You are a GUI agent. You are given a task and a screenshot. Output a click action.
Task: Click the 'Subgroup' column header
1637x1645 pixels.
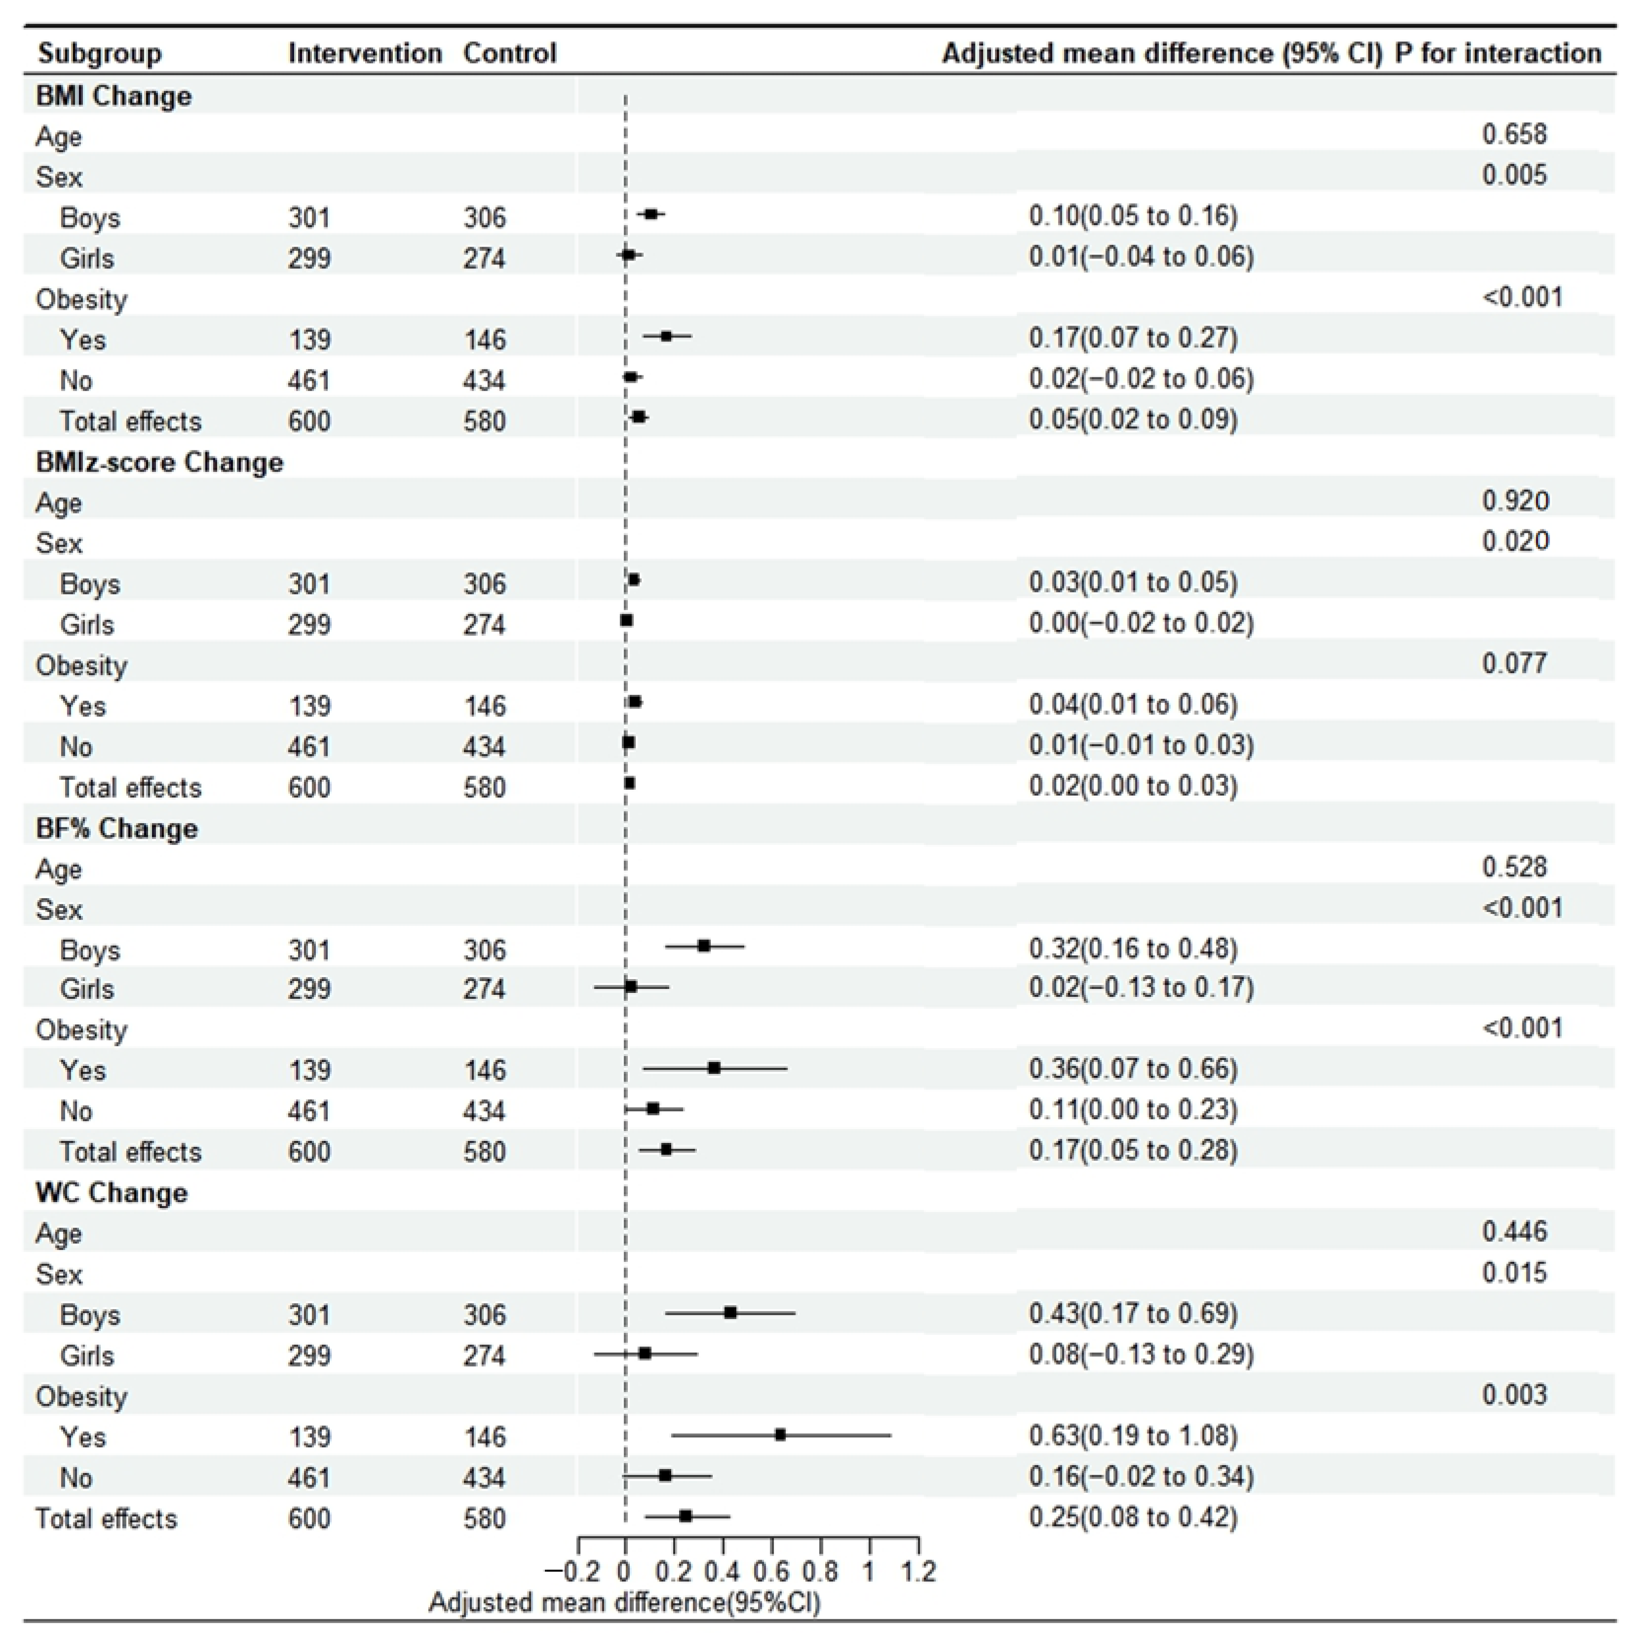pos(100,54)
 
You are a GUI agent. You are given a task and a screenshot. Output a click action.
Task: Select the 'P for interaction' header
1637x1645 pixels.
pos(1497,54)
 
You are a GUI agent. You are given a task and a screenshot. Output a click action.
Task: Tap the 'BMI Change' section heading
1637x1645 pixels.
pos(114,96)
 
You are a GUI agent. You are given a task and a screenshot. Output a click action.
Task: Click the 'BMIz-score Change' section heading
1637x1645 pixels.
pos(159,462)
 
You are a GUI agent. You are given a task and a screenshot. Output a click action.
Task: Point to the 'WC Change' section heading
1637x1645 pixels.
pos(112,1193)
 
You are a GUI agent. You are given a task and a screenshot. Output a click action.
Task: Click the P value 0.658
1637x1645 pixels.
pos(1514,135)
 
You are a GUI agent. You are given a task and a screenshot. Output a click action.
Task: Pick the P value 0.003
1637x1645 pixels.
pos(1514,1395)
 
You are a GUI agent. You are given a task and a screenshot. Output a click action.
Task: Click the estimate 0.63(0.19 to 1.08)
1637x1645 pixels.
pos(1133,1435)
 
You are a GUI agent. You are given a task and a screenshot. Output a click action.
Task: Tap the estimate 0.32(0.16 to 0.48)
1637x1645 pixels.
pos(1133,949)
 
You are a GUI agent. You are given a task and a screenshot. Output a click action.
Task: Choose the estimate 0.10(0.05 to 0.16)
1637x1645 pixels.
pos(1133,216)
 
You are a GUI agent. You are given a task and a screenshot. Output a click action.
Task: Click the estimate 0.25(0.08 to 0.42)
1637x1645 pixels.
pos(1133,1517)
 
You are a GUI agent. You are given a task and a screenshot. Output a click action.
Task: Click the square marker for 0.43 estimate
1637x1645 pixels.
pos(730,1313)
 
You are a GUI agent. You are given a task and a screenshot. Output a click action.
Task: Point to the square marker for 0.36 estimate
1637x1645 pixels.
pos(714,1068)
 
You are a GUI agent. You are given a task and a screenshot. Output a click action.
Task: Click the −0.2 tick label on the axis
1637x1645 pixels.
pos(572,1571)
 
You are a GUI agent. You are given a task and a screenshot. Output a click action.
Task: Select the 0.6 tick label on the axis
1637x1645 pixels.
pos(772,1571)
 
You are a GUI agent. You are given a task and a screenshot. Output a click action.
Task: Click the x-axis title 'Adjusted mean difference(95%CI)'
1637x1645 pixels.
pos(624,1603)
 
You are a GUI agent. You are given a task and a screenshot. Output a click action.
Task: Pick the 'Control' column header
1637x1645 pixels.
pos(509,54)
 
